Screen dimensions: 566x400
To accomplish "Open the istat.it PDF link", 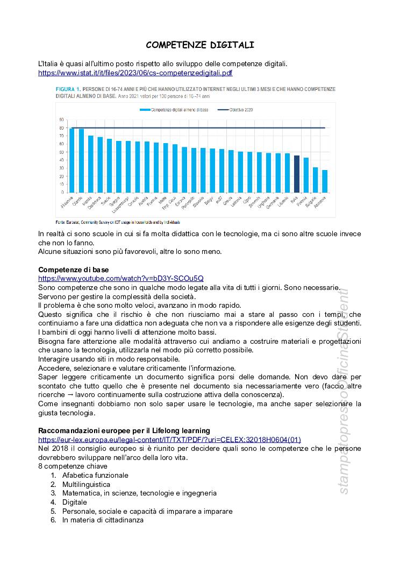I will point(135,73).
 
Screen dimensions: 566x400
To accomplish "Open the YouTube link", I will point(121,278).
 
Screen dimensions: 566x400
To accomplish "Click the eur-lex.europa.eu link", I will point(169,440).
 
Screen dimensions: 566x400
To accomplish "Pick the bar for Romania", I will point(325,181).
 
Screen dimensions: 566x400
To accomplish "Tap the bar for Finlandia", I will point(72,160).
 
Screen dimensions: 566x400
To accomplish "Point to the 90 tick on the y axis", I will point(62,120).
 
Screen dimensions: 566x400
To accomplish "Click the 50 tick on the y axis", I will point(62,152).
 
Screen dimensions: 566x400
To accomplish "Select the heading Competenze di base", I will point(73,269).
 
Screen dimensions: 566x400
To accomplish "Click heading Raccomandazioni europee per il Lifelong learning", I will point(124,430).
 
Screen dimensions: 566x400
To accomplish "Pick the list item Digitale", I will point(74,502).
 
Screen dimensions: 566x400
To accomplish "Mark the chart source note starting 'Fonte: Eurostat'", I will point(118,222).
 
